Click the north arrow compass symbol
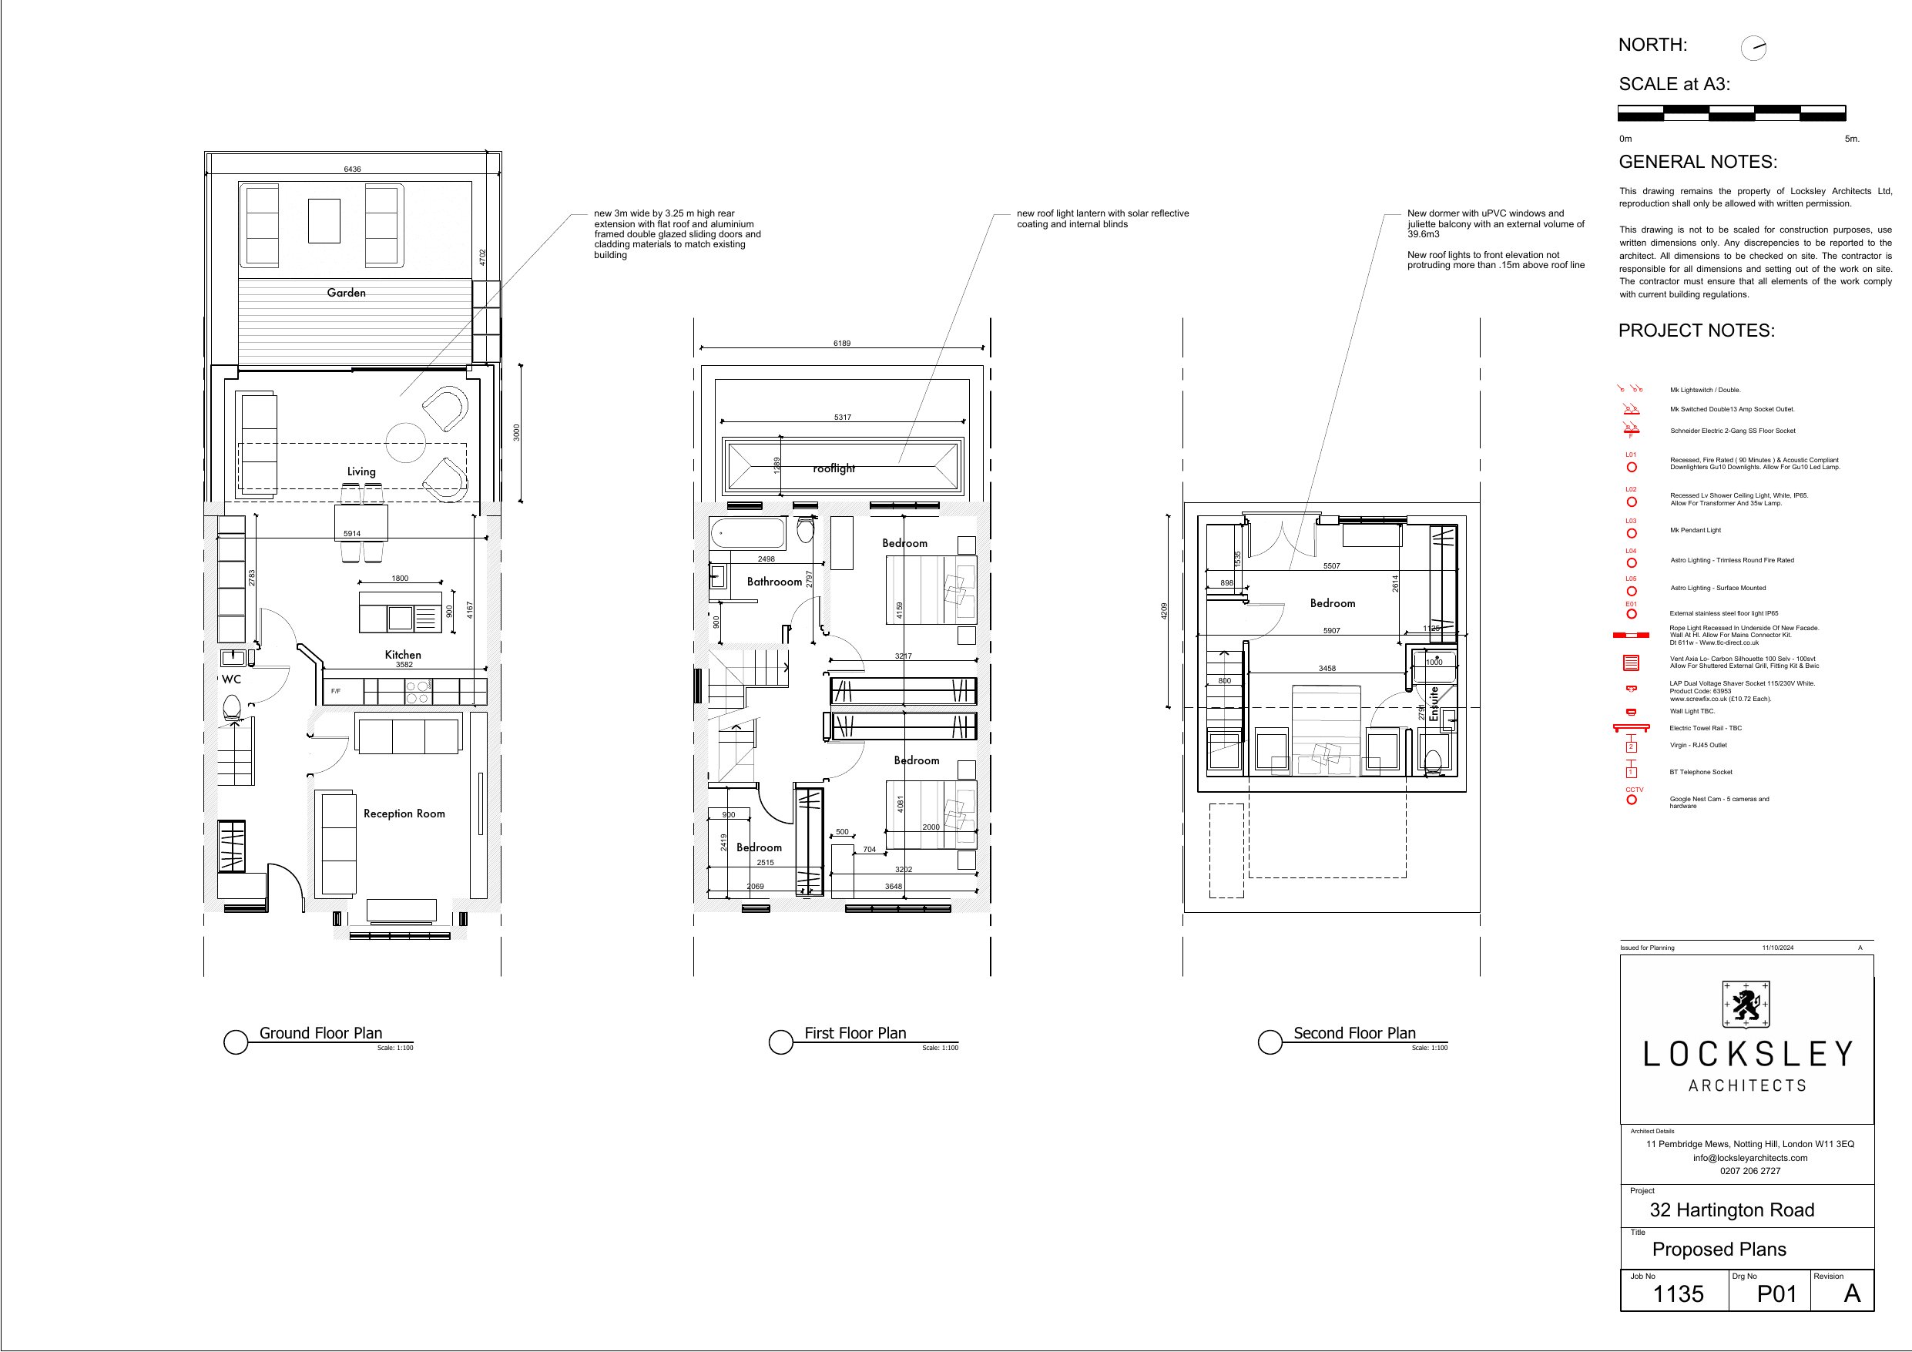pyautogui.click(x=1753, y=49)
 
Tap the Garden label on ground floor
pyautogui.click(x=346, y=293)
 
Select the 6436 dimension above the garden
pyautogui.click(x=352, y=169)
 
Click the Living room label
pyautogui.click(x=361, y=471)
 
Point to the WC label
pyautogui.click(x=232, y=679)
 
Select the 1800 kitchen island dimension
pyautogui.click(x=400, y=578)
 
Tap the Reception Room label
pyautogui.click(x=404, y=814)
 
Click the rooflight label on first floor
pyautogui.click(x=834, y=468)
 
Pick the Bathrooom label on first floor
pyautogui.click(x=773, y=582)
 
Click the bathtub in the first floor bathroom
pyautogui.click(x=748, y=533)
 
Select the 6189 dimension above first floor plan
pyautogui.click(x=842, y=344)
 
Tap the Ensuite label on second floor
pyautogui.click(x=1433, y=704)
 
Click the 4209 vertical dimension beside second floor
pyautogui.click(x=1164, y=611)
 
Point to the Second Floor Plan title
pyautogui.click(x=1354, y=1033)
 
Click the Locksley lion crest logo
pyautogui.click(x=1746, y=1004)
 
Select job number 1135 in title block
pyautogui.click(x=1677, y=1293)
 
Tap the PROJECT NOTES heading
pyautogui.click(x=1696, y=330)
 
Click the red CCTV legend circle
pyautogui.click(x=1632, y=800)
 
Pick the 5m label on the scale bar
pyautogui.click(x=1851, y=139)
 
